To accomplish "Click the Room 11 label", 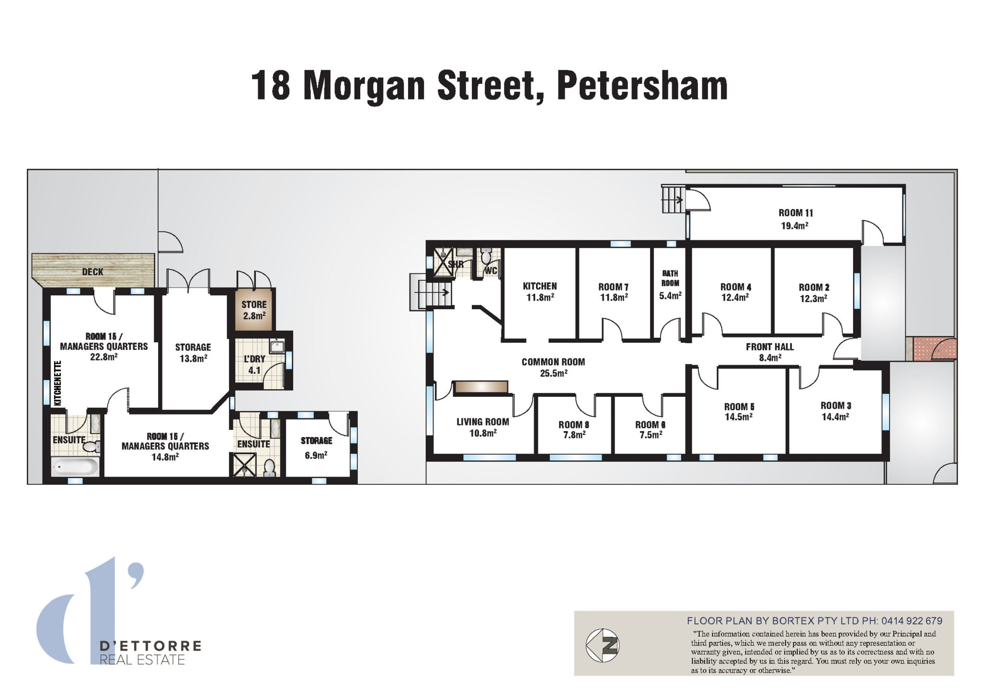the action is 796,213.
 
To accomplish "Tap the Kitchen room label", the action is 539,286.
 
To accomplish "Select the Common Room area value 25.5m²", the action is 553,373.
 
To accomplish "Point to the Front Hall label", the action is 770,346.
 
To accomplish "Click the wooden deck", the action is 93,271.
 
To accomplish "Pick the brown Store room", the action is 254,310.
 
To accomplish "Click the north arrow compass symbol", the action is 603,645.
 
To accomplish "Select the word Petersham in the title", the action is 642,86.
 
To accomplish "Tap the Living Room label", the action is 482,422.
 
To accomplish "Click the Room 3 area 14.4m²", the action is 835,417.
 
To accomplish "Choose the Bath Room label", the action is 670,278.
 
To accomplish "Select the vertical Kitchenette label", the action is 58,383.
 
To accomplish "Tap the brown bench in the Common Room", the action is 481,387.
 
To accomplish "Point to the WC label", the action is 491,271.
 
